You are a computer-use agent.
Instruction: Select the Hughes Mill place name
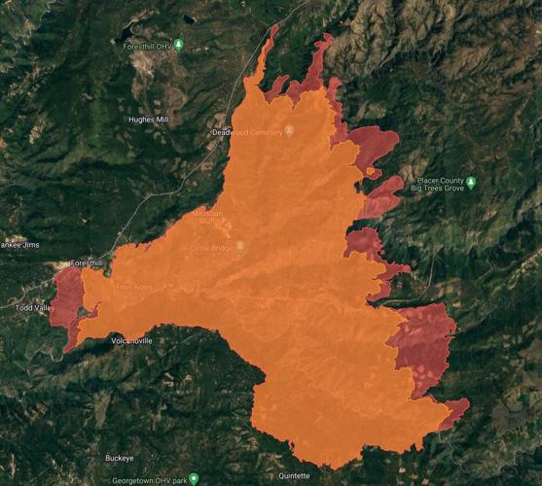[149, 119]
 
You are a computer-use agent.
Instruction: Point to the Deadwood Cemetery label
[246, 131]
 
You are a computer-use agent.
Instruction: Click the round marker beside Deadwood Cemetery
[289, 130]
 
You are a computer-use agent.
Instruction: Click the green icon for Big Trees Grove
[471, 182]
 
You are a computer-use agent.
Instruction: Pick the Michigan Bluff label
[206, 218]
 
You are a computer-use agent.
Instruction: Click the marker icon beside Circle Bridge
[240, 246]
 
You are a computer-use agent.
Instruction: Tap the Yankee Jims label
[21, 244]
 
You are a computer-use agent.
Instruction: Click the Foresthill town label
[86, 263]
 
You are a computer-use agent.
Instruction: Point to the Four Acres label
[136, 287]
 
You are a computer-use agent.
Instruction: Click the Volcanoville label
[131, 340]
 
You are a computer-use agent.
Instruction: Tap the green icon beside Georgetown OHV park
[194, 478]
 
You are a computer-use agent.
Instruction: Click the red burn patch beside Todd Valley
[66, 296]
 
